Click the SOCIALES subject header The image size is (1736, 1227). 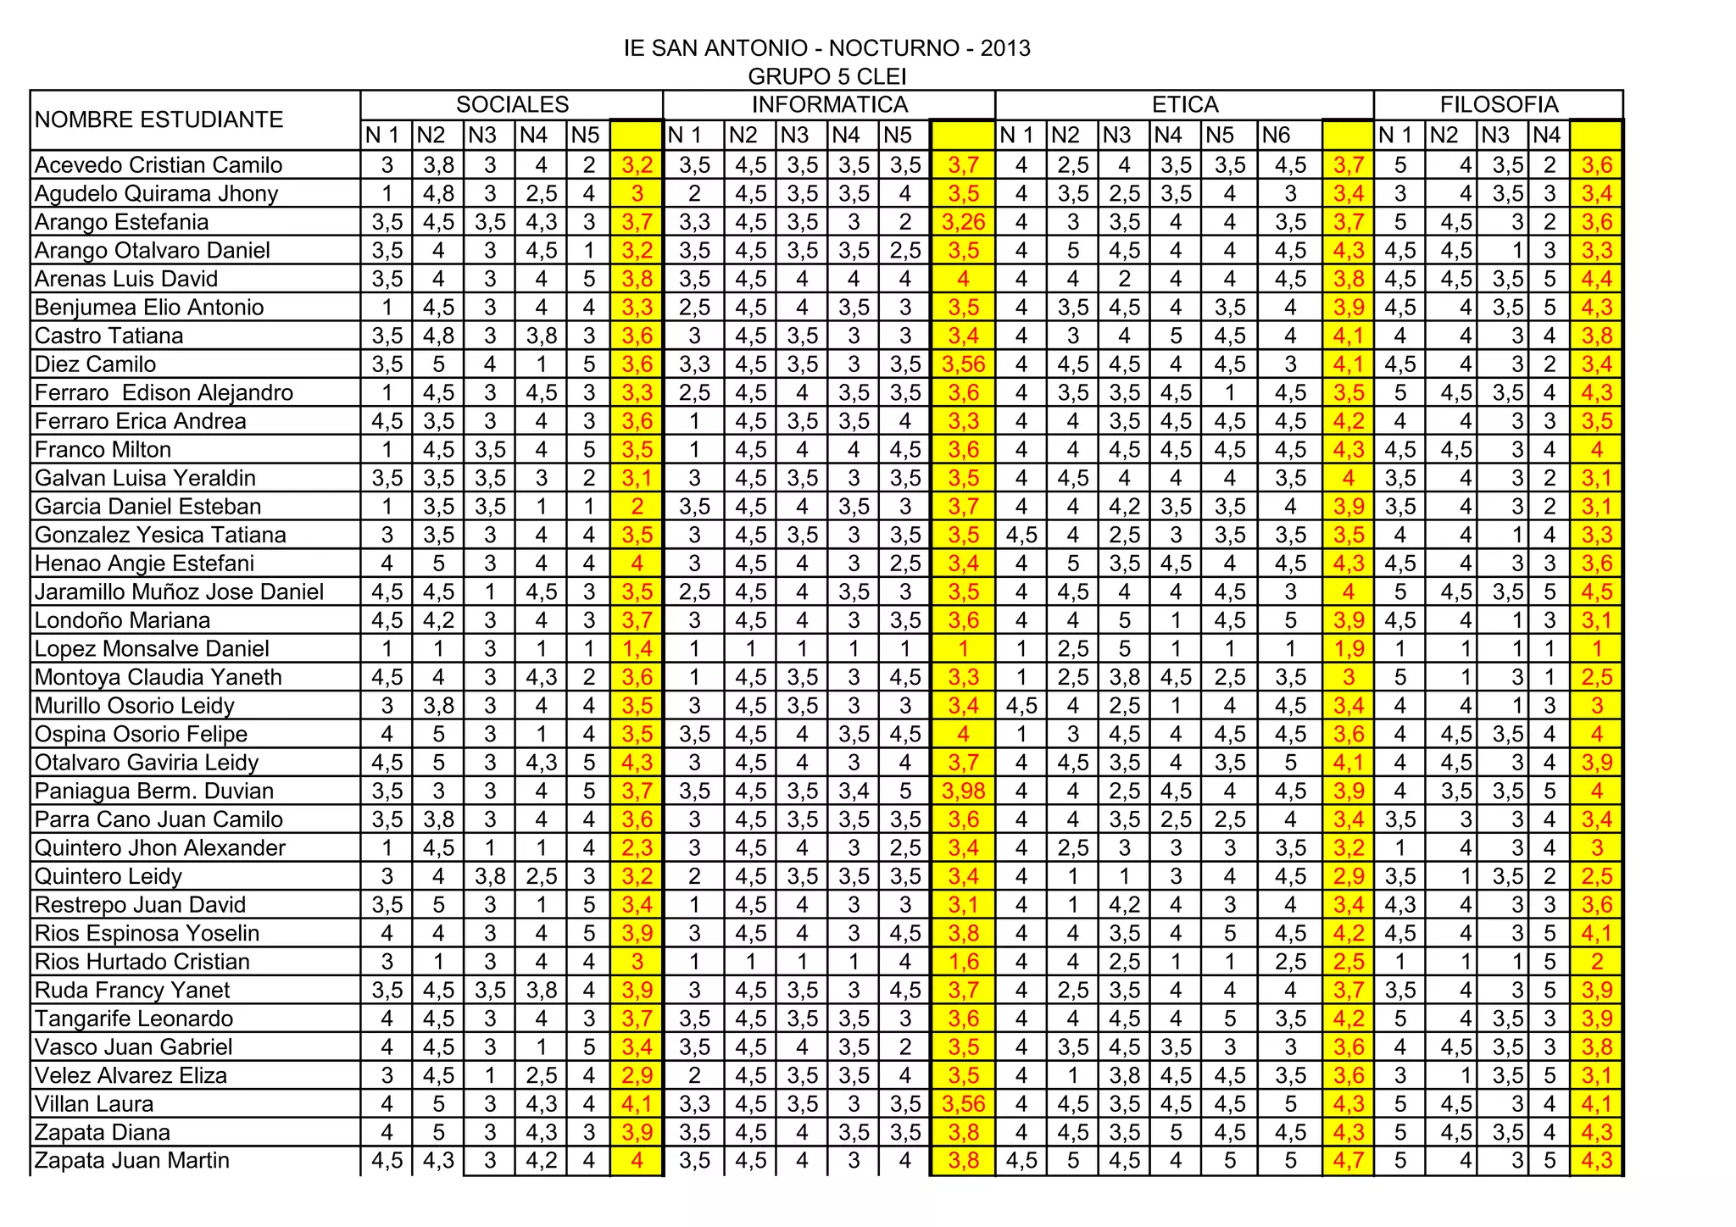point(512,104)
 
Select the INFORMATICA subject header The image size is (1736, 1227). point(829,104)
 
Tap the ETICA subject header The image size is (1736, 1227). point(1184,104)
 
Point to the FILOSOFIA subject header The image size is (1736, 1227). point(1499,104)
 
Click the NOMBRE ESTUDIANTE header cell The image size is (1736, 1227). point(159,119)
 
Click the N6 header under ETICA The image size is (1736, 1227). point(1276,135)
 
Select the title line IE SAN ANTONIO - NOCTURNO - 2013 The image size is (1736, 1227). point(826,48)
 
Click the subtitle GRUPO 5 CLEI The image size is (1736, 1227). point(826,77)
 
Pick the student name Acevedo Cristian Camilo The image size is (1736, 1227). point(159,164)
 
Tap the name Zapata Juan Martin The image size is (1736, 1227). point(132,1160)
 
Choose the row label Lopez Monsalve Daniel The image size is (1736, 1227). point(152,648)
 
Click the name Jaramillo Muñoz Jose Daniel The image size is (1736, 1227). point(179,591)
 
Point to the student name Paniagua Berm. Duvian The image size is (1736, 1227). point(154,791)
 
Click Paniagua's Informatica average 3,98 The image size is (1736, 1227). point(963,791)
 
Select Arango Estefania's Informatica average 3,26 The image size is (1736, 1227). point(963,222)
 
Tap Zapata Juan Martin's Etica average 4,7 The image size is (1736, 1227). point(1348,1160)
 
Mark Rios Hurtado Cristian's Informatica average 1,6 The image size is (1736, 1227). point(963,961)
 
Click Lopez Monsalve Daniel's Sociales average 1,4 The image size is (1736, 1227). point(637,648)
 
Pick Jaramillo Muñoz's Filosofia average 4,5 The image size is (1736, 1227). point(1596,591)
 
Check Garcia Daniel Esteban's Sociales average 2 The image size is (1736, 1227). point(637,506)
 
